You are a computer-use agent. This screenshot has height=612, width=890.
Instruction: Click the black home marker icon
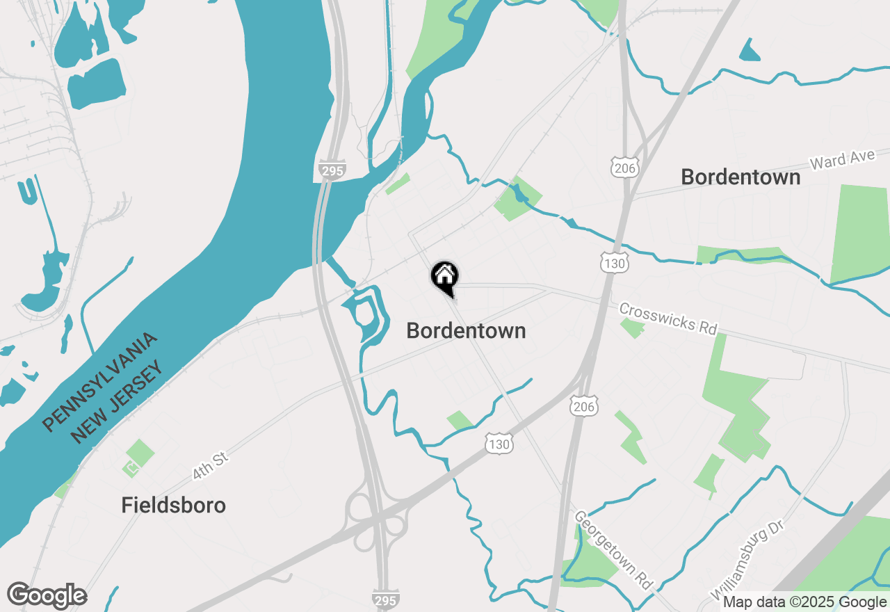click(444, 277)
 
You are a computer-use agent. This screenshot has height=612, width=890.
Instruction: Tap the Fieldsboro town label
click(174, 505)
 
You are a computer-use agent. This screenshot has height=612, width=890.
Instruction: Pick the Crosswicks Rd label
click(667, 319)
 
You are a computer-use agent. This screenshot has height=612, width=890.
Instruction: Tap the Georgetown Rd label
click(613, 550)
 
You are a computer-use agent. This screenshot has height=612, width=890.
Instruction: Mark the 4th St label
click(210, 465)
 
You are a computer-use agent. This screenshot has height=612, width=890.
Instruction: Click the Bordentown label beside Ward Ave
click(741, 177)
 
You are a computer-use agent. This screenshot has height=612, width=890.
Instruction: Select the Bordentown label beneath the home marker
click(466, 330)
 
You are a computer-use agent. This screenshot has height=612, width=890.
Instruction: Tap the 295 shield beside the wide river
click(333, 170)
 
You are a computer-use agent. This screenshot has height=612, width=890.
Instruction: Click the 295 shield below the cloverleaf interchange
click(385, 599)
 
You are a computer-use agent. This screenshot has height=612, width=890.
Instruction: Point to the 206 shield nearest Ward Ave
click(624, 166)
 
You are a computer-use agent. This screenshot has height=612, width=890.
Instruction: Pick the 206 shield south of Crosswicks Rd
click(585, 407)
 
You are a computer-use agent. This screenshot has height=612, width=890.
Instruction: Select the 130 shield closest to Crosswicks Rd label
click(615, 261)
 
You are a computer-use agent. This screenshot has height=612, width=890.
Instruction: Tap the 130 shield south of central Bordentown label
click(499, 444)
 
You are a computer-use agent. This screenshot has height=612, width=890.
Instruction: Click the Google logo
click(47, 596)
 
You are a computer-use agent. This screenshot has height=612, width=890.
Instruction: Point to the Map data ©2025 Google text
click(804, 602)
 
